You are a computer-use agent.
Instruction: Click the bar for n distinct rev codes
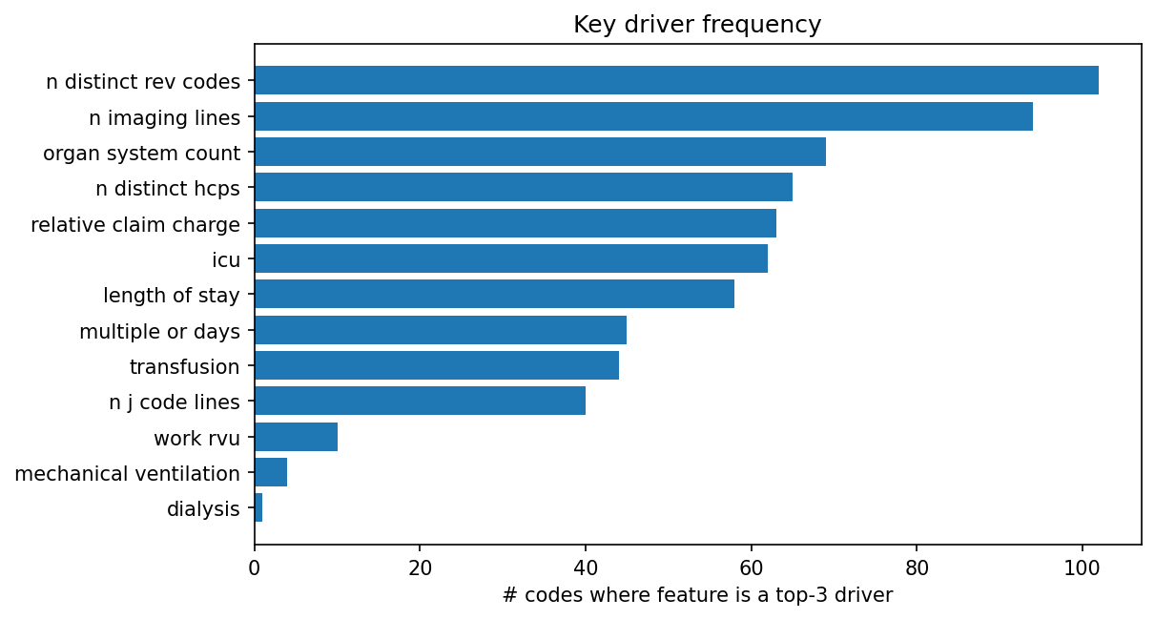676,80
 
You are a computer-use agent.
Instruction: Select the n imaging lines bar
644,116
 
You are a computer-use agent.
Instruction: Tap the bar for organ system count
540,152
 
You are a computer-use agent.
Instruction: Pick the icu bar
511,258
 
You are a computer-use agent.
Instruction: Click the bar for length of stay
494,294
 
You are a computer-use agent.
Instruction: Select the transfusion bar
437,365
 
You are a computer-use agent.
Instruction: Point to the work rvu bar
296,437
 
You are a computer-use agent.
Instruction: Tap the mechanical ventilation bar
271,472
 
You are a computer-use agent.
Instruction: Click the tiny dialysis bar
258,508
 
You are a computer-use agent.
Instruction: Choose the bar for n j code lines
420,401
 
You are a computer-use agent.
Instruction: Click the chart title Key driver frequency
697,25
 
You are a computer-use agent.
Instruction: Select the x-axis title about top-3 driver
697,596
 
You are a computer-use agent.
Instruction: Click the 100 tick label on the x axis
1082,569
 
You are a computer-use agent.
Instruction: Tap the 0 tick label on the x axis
255,569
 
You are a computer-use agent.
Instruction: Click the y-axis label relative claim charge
135,225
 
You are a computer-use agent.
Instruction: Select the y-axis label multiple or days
159,332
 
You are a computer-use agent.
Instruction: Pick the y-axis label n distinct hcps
168,189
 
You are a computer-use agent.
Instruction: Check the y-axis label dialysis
203,509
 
